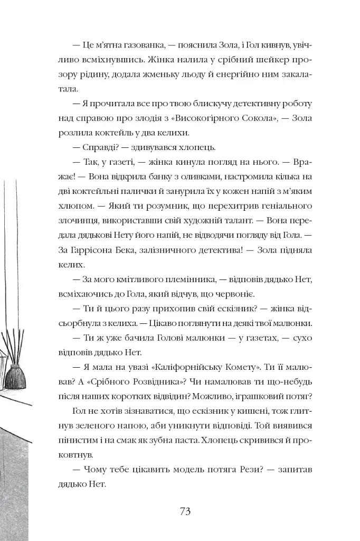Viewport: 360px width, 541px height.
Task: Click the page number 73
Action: tap(185, 511)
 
